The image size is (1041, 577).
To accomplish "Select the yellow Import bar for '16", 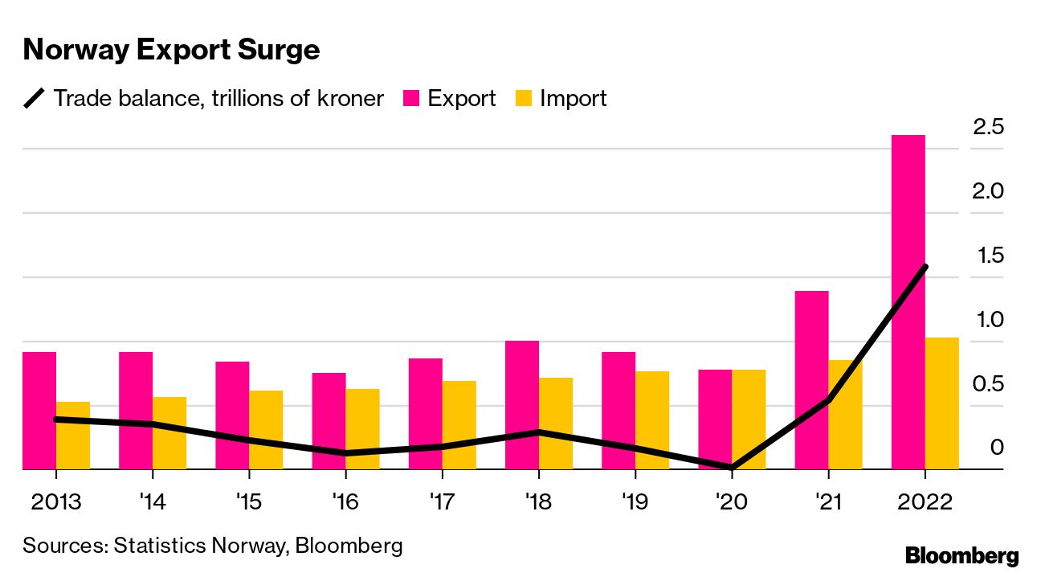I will point(362,429).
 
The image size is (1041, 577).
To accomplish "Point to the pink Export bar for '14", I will point(136,410).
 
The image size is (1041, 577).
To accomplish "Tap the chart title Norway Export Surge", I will point(171,50).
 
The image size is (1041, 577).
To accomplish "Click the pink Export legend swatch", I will point(411,99).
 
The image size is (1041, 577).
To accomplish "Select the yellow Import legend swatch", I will point(524,99).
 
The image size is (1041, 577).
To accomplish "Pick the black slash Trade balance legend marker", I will point(35,99).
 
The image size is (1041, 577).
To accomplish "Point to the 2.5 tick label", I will point(988,126).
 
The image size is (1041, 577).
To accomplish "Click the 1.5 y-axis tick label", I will point(988,255).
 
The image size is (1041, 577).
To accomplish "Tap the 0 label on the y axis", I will point(997,447).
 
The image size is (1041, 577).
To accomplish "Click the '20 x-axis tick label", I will point(731,502).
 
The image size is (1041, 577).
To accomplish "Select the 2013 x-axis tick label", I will point(55,502).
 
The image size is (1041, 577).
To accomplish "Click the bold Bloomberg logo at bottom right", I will point(961,555).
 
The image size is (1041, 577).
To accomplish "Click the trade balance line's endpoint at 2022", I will point(925,267).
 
